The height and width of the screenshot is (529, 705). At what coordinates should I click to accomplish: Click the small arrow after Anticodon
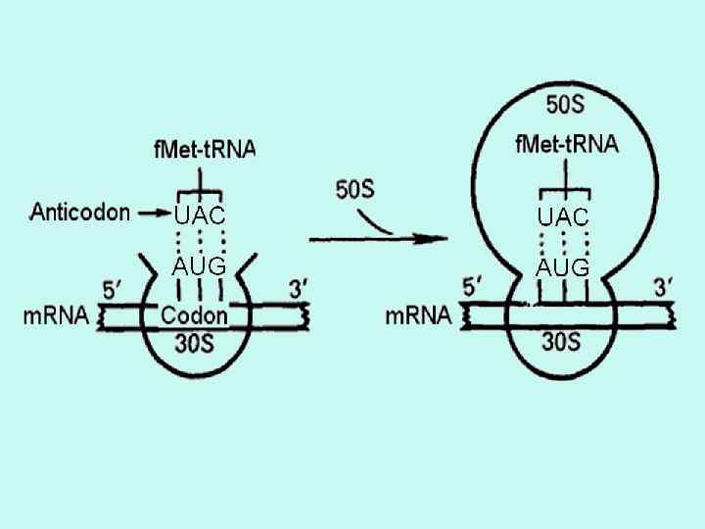pyautogui.click(x=153, y=212)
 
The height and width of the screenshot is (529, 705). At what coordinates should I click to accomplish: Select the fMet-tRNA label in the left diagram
pyautogui.click(x=205, y=149)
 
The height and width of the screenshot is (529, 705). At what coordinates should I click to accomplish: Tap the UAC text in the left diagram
pyautogui.click(x=200, y=216)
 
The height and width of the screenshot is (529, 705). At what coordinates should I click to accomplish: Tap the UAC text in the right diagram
pyautogui.click(x=563, y=216)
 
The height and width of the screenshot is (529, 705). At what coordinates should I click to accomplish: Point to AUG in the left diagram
pyautogui.click(x=200, y=265)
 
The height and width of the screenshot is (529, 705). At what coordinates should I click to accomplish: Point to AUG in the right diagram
pyautogui.click(x=563, y=266)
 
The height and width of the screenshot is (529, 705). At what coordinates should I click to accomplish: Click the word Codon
pyautogui.click(x=194, y=315)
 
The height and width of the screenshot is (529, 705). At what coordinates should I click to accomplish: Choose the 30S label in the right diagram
pyautogui.click(x=561, y=341)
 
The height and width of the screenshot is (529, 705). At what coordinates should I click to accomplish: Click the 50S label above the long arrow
pyautogui.click(x=354, y=189)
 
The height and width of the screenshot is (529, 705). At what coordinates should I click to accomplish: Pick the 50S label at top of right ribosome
pyautogui.click(x=566, y=103)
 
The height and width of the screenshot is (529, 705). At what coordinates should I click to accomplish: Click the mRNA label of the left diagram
pyautogui.click(x=54, y=316)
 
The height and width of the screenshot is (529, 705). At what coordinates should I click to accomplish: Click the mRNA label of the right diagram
pyautogui.click(x=418, y=315)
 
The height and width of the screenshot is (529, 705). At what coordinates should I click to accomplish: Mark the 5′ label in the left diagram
pyautogui.click(x=115, y=290)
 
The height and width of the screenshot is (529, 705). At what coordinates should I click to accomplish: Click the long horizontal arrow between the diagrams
pyautogui.click(x=372, y=237)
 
